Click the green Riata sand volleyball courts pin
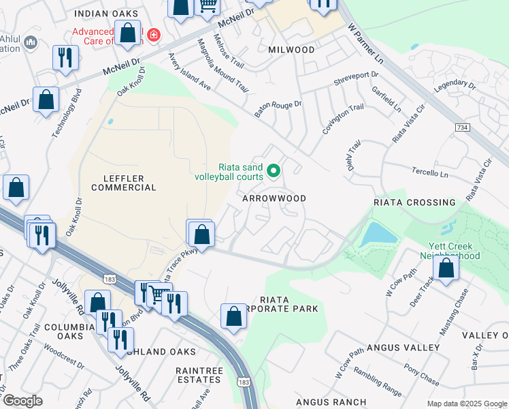click(x=274, y=170)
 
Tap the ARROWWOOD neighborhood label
click(x=274, y=198)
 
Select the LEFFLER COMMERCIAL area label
click(x=124, y=182)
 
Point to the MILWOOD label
click(x=291, y=50)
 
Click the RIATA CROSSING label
click(x=414, y=202)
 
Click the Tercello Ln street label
click(x=430, y=174)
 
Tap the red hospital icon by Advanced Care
click(x=154, y=35)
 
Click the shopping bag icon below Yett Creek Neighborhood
click(x=446, y=268)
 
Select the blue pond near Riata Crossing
click(x=378, y=235)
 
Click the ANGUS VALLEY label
click(x=403, y=348)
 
